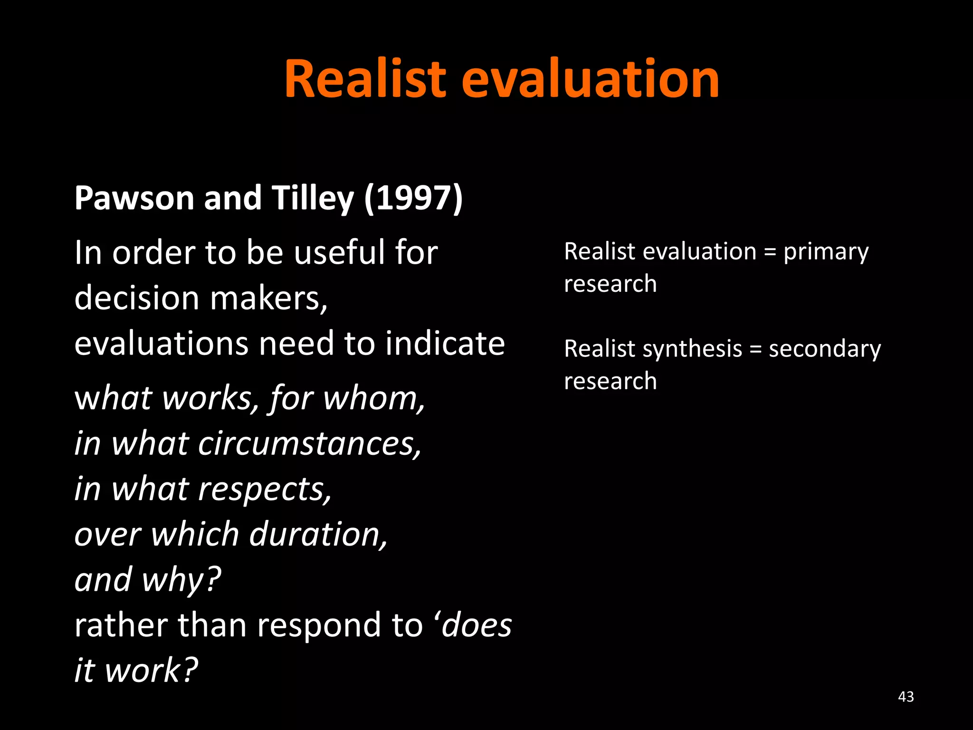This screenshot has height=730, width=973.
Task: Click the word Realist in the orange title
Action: pos(365,79)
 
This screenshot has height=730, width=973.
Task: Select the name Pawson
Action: pos(134,198)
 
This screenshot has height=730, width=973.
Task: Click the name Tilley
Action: pos(313,198)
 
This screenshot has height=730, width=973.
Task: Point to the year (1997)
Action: pos(413,198)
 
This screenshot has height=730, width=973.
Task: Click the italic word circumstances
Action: pos(309,443)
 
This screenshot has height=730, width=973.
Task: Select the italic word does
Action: pos(477,625)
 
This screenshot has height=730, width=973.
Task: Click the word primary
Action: pos(826,252)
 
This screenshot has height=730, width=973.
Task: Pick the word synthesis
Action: pos(692,349)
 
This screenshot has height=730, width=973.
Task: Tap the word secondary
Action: pos(825,349)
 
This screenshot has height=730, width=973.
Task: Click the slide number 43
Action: pos(906,697)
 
